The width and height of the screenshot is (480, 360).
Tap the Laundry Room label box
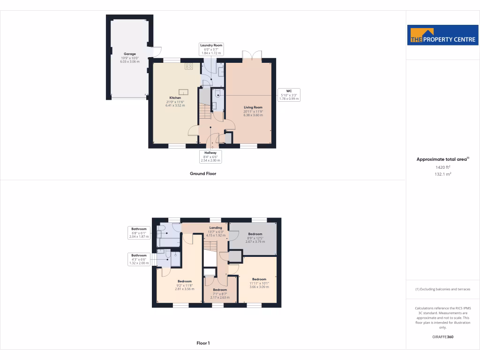tap(211, 49)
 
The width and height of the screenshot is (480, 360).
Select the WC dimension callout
tap(289, 95)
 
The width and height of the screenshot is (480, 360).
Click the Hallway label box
tap(210, 157)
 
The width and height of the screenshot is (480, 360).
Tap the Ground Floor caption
tap(202, 173)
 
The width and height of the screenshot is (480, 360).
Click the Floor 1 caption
tap(203, 343)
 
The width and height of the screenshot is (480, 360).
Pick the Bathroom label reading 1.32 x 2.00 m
tap(139, 259)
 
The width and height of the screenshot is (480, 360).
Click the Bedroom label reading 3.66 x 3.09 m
tap(259, 283)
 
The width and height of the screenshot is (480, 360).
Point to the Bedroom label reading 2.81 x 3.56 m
tap(184, 285)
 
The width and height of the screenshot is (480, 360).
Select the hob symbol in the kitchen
tap(188, 67)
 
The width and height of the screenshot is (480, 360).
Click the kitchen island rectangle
tap(182, 92)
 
